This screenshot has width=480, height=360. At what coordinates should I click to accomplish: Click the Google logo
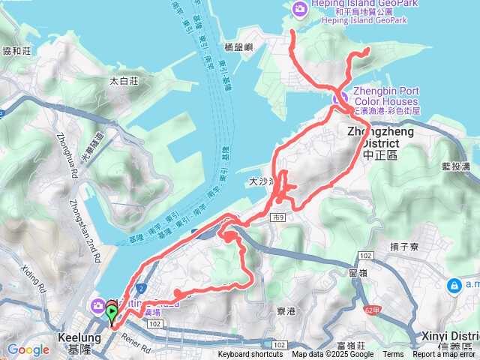(28, 349)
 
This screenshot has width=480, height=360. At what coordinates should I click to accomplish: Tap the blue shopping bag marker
(454, 286)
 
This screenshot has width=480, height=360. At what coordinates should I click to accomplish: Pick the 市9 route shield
(279, 216)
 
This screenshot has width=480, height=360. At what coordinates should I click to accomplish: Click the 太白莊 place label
(124, 80)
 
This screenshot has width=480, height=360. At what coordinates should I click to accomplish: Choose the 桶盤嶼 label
(239, 46)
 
